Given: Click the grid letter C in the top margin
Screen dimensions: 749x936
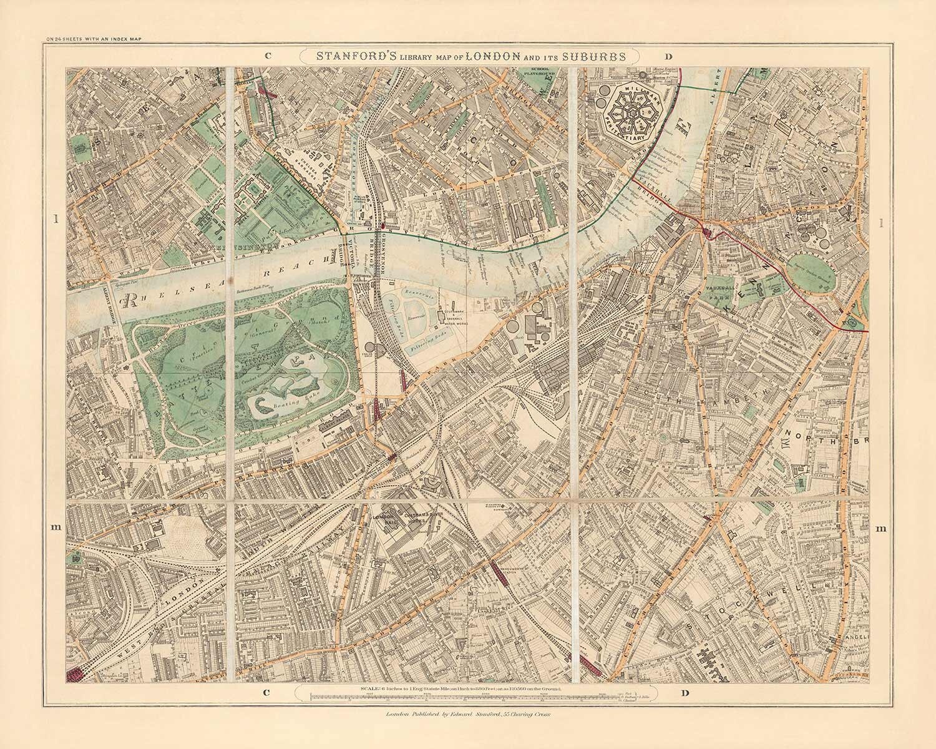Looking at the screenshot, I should (266, 55).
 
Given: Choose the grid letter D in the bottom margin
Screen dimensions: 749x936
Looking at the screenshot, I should (686, 692).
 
